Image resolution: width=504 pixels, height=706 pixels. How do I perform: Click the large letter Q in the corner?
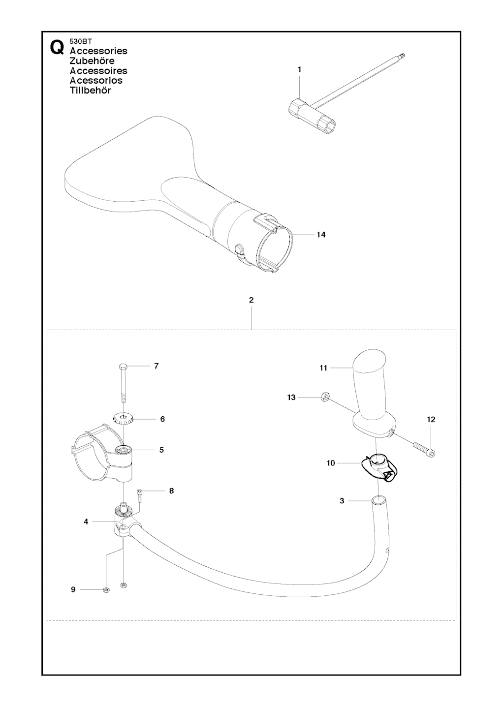57,48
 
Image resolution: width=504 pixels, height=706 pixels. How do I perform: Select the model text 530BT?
78,41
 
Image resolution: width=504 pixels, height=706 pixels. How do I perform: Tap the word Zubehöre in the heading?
92,61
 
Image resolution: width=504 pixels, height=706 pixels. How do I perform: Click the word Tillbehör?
91,90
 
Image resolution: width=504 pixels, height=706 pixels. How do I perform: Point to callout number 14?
321,235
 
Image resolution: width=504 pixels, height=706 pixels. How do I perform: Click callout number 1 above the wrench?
299,69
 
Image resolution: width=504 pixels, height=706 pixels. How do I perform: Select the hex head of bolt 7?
123,367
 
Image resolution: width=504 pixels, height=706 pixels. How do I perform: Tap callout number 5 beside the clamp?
161,450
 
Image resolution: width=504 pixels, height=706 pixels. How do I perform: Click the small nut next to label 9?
106,590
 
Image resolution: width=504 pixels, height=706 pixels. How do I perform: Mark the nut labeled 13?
324,397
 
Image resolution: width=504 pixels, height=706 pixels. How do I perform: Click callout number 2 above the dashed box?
251,300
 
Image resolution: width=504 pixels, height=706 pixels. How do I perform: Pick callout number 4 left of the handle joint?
86,522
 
